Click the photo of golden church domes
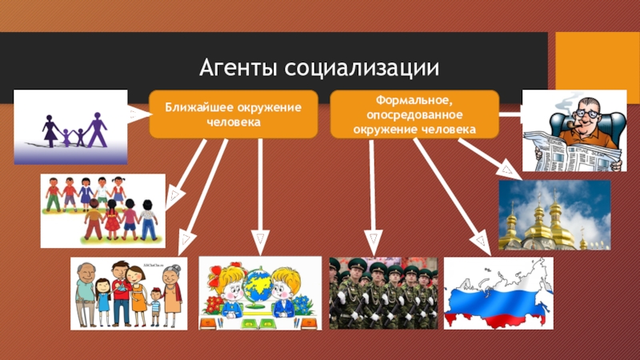[554, 215]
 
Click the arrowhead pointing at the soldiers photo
[372, 242]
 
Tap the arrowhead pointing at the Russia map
[481, 241]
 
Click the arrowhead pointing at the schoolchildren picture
[258, 242]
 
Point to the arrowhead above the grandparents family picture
[186, 238]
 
